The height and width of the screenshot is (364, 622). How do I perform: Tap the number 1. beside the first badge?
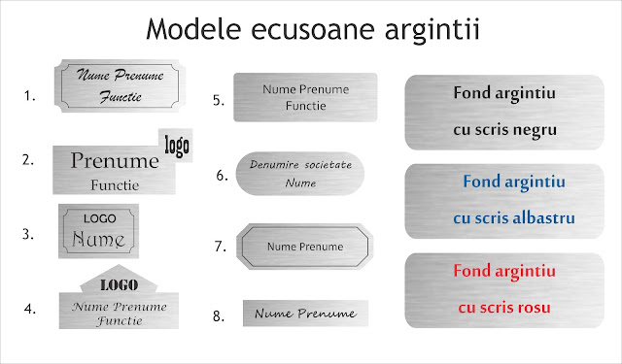(x=30, y=96)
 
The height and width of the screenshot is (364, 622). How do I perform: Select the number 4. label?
(x=30, y=309)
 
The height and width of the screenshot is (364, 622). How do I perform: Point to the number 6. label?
(x=222, y=176)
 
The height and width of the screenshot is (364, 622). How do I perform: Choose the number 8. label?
(x=220, y=315)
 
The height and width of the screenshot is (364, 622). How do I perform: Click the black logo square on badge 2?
(x=177, y=147)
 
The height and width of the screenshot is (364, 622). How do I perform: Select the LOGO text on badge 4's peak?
(x=119, y=285)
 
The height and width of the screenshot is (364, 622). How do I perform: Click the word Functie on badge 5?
(x=305, y=106)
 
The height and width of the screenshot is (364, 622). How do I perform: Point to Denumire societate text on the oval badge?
(x=299, y=165)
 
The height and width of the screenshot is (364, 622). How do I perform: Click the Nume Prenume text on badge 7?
(x=305, y=247)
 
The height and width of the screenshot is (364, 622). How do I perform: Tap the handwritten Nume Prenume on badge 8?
(x=306, y=314)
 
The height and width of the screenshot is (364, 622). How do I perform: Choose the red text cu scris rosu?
(x=503, y=308)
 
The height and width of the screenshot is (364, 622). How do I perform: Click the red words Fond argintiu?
(x=503, y=270)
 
